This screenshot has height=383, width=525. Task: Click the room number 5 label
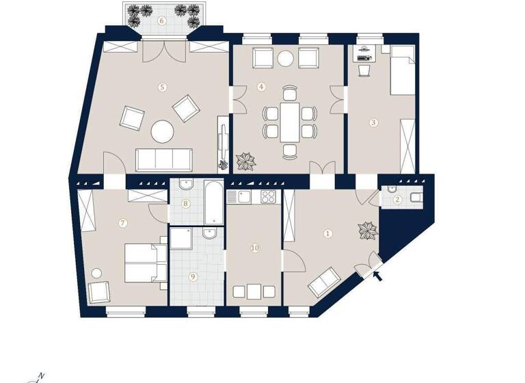click(162, 87)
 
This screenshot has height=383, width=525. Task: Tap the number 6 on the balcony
click(162, 21)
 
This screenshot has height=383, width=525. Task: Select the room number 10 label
click(254, 248)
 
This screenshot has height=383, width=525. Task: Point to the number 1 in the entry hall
click(327, 233)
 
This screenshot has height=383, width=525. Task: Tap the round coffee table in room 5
click(163, 131)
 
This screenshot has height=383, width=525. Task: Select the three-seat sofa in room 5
click(163, 159)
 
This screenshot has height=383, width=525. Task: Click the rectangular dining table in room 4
click(290, 122)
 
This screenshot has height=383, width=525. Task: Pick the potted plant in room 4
click(245, 162)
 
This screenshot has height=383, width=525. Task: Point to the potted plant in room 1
click(368, 230)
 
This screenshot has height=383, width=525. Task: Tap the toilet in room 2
click(415, 200)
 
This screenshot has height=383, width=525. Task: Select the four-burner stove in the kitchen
click(268, 198)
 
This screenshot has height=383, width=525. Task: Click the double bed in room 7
click(145, 264)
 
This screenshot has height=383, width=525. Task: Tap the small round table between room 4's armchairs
click(285, 58)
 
